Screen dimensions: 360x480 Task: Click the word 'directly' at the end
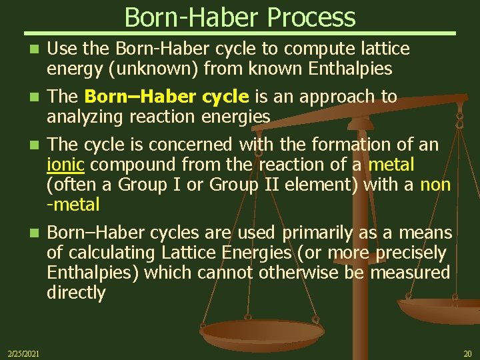click(76, 293)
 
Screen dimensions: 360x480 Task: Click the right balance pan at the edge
click(440, 311)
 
